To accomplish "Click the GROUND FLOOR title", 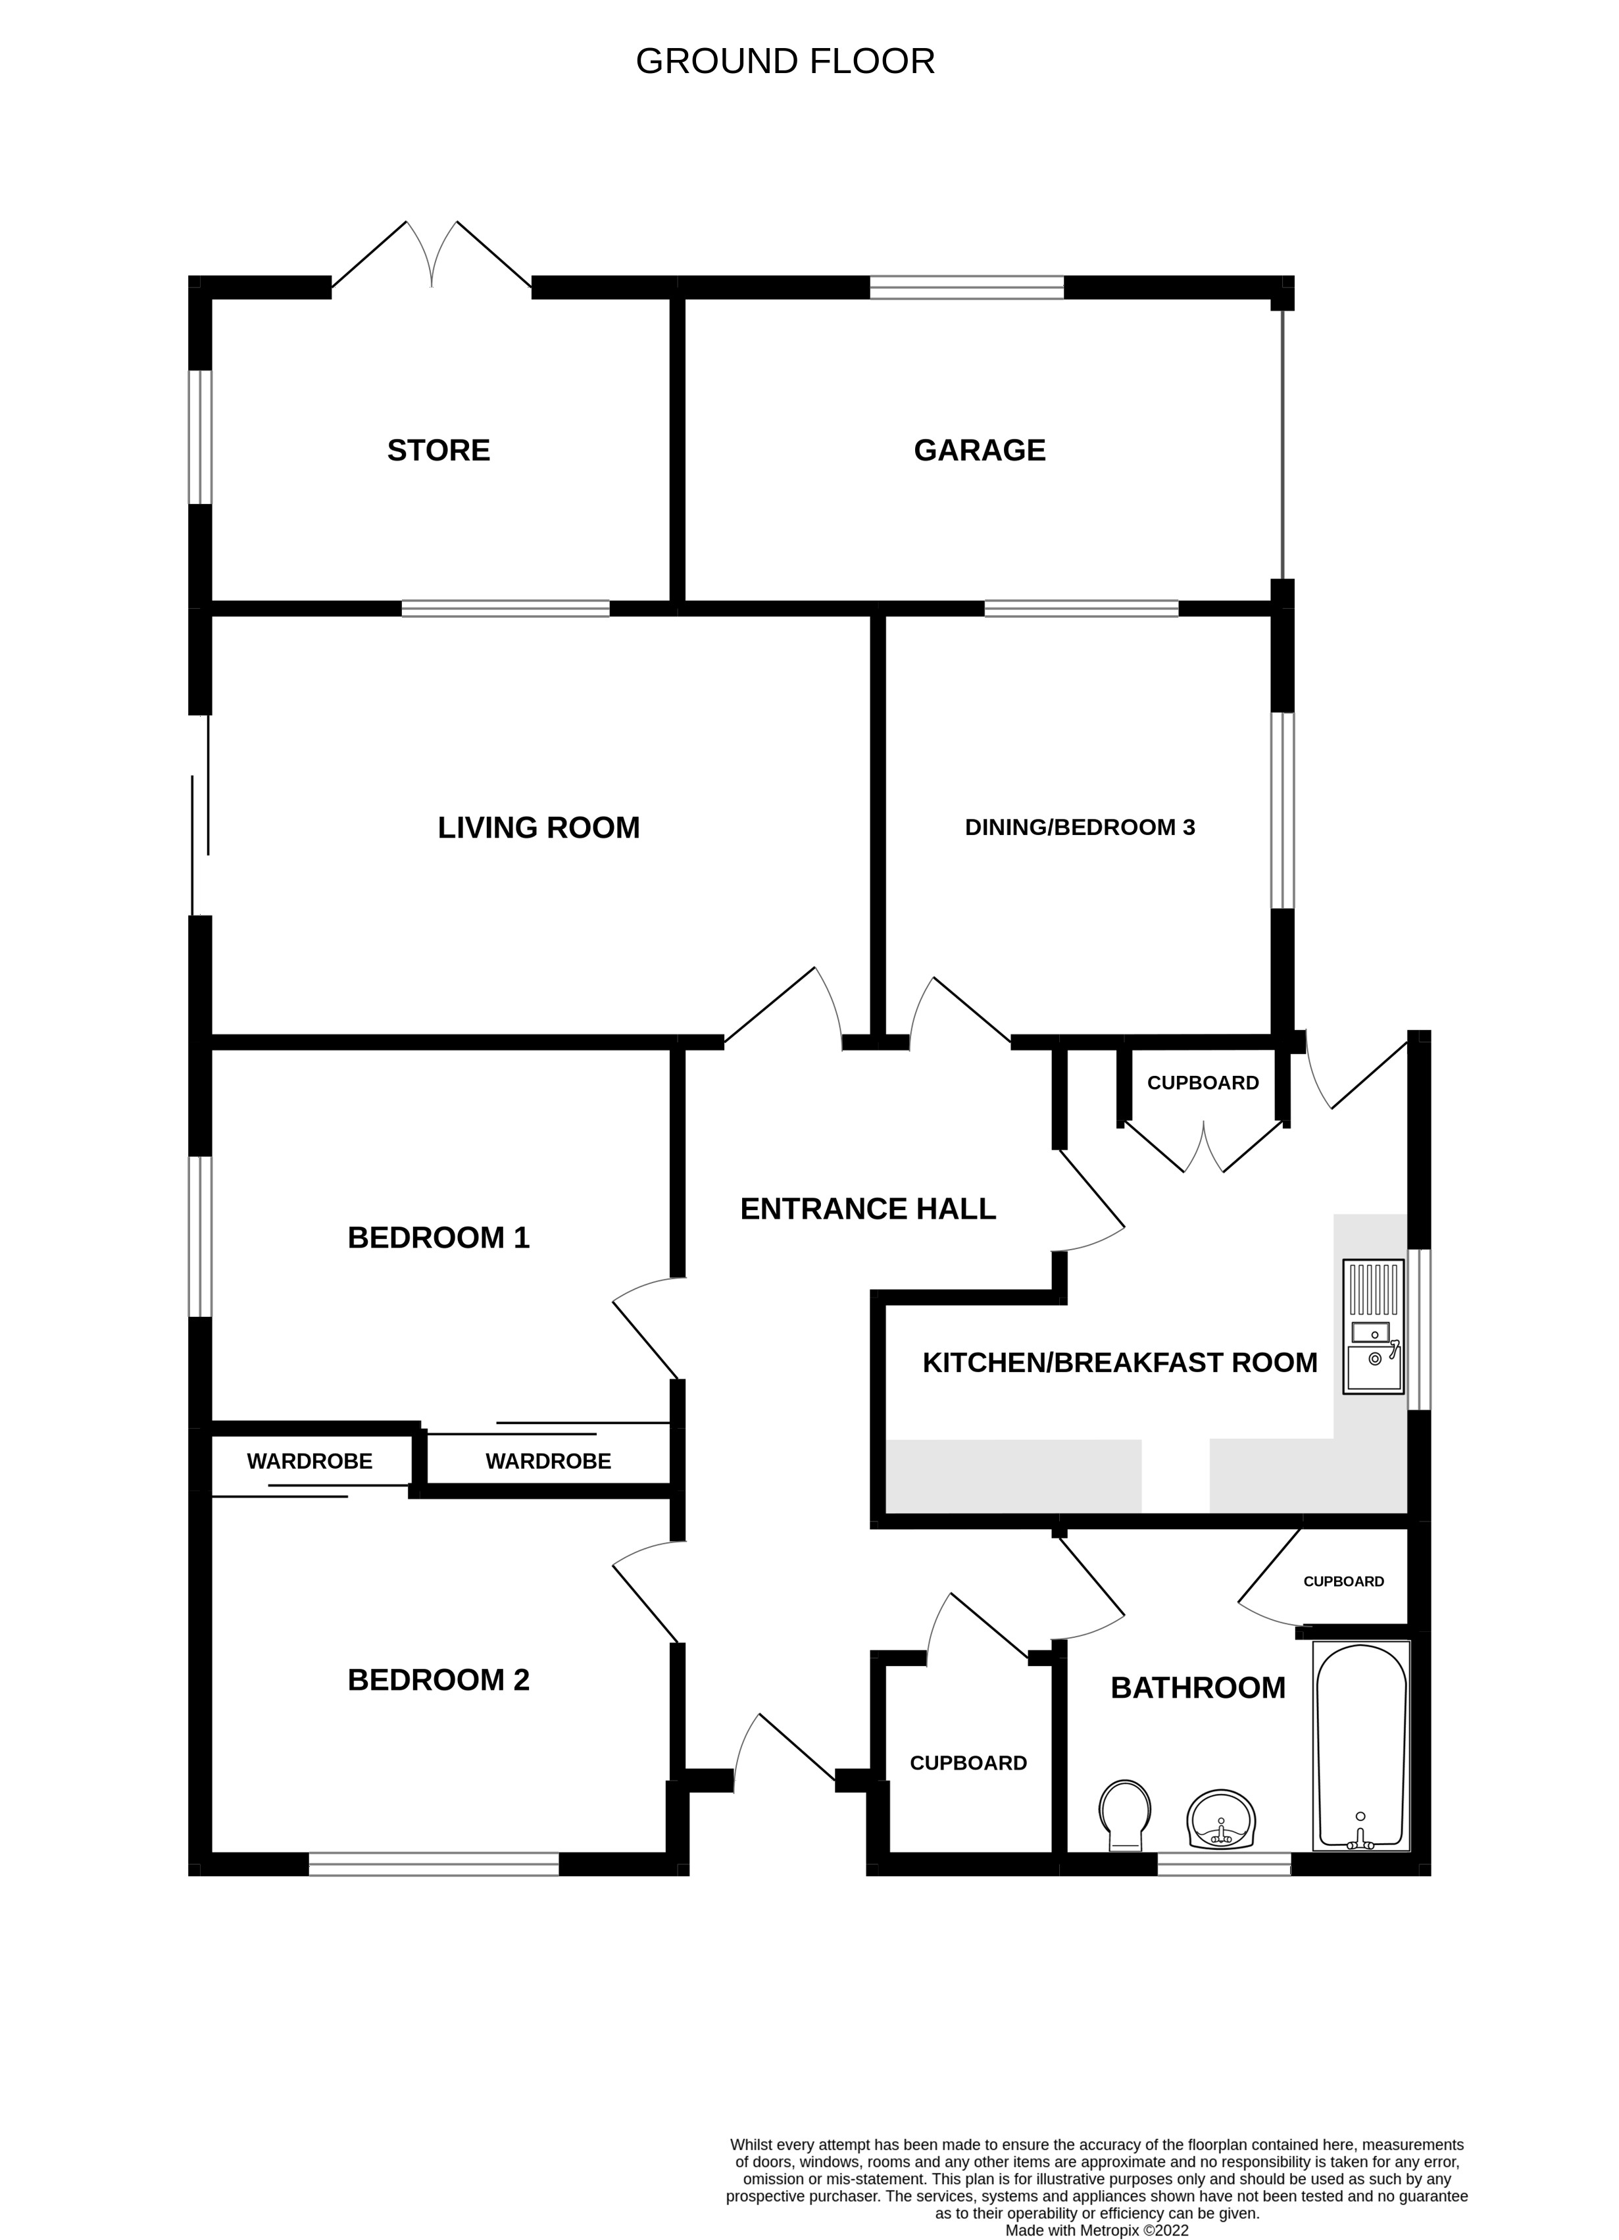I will pos(785,61).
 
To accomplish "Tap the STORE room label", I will pos(438,450).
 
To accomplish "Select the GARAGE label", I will pos(980,450).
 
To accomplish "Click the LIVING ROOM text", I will pos(538,828).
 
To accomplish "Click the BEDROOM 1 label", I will pos(438,1238).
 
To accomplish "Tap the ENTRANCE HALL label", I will pos(868,1209).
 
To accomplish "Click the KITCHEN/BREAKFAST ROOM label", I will pos(1120,1363).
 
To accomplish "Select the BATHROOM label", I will pos(1197,1688).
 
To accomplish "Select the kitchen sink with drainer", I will pos(1372,1327).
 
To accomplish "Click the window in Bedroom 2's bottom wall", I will pos(434,1864).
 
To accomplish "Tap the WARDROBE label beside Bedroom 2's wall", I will pos(309,1462).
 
